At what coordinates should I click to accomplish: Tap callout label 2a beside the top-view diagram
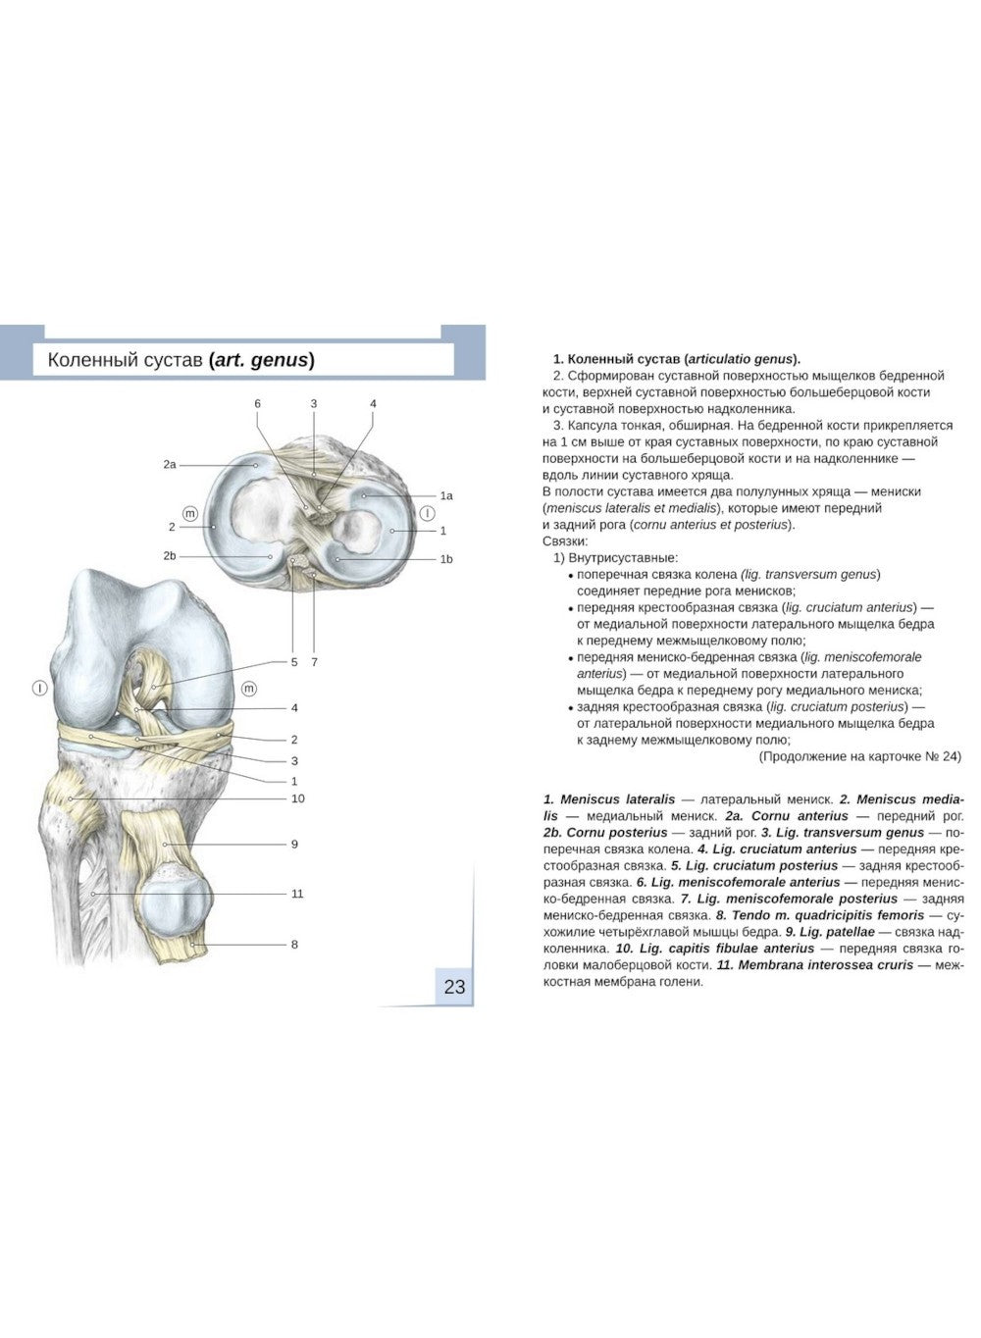170,464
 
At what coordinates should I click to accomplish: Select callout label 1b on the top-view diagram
446,559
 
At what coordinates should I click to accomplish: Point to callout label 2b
170,555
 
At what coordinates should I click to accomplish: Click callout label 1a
446,495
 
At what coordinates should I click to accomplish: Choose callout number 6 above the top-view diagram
257,403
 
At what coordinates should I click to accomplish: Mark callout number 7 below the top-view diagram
314,662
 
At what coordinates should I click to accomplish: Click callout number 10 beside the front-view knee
297,798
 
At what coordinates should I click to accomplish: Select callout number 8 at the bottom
294,945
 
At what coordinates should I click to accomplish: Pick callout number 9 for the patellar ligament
294,844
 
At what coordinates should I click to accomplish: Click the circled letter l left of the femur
39,689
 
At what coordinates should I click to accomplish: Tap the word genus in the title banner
279,360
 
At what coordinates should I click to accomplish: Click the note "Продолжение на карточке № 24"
859,756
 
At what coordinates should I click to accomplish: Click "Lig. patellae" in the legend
837,932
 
